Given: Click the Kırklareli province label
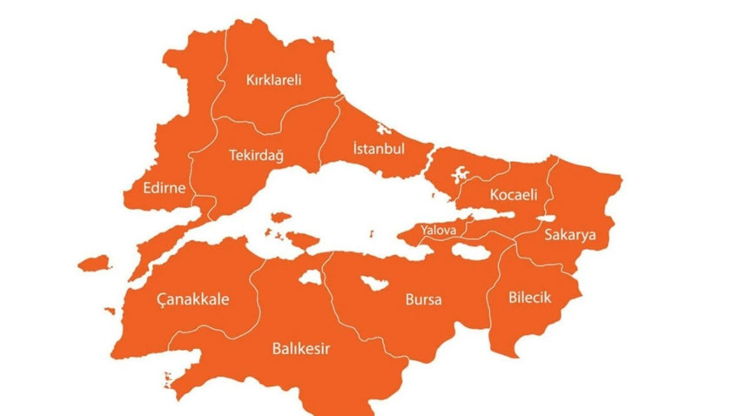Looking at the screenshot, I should coord(272,80).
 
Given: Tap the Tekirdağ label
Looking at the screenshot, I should coord(256,156).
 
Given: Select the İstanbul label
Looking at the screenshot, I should coord(379,149).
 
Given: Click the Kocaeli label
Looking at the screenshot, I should coord(514,194).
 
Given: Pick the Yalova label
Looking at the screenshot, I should coord(438,231).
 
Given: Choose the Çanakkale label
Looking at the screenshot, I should coord(192,299).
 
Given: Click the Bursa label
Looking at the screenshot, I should coord(423,300).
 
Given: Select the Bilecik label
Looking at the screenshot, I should coord(531,298).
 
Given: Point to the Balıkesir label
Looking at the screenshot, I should coord(301,349).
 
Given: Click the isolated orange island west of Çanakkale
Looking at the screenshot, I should coord(94,262).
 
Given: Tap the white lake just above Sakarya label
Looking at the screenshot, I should coord(546,218).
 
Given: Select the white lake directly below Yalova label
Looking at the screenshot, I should coord(472,253).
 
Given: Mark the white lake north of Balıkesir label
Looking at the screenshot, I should coord(310,278).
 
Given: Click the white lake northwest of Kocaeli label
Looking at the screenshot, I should coord(456,173).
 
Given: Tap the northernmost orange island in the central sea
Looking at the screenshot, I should coord(279,218).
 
